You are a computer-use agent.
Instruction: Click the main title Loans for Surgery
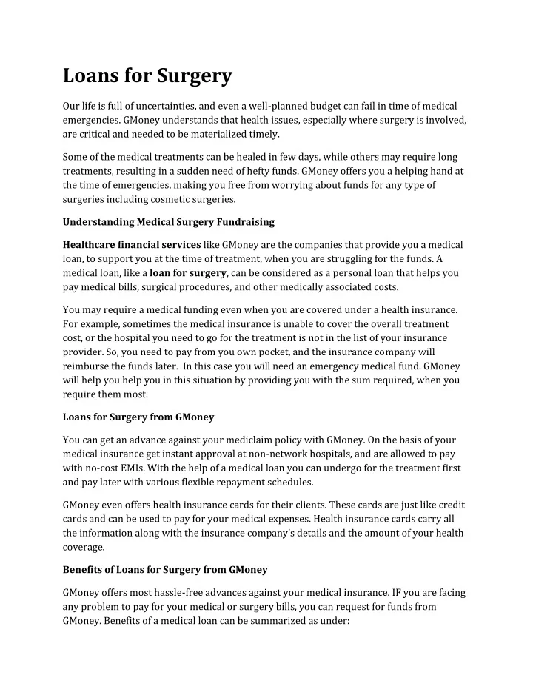[x=147, y=75]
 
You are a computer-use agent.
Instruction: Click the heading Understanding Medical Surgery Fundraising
[x=169, y=221]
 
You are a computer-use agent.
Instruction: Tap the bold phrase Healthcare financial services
[x=131, y=244]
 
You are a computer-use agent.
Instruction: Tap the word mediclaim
[x=241, y=439]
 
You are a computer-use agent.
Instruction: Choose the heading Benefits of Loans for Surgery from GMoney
[x=165, y=570]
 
